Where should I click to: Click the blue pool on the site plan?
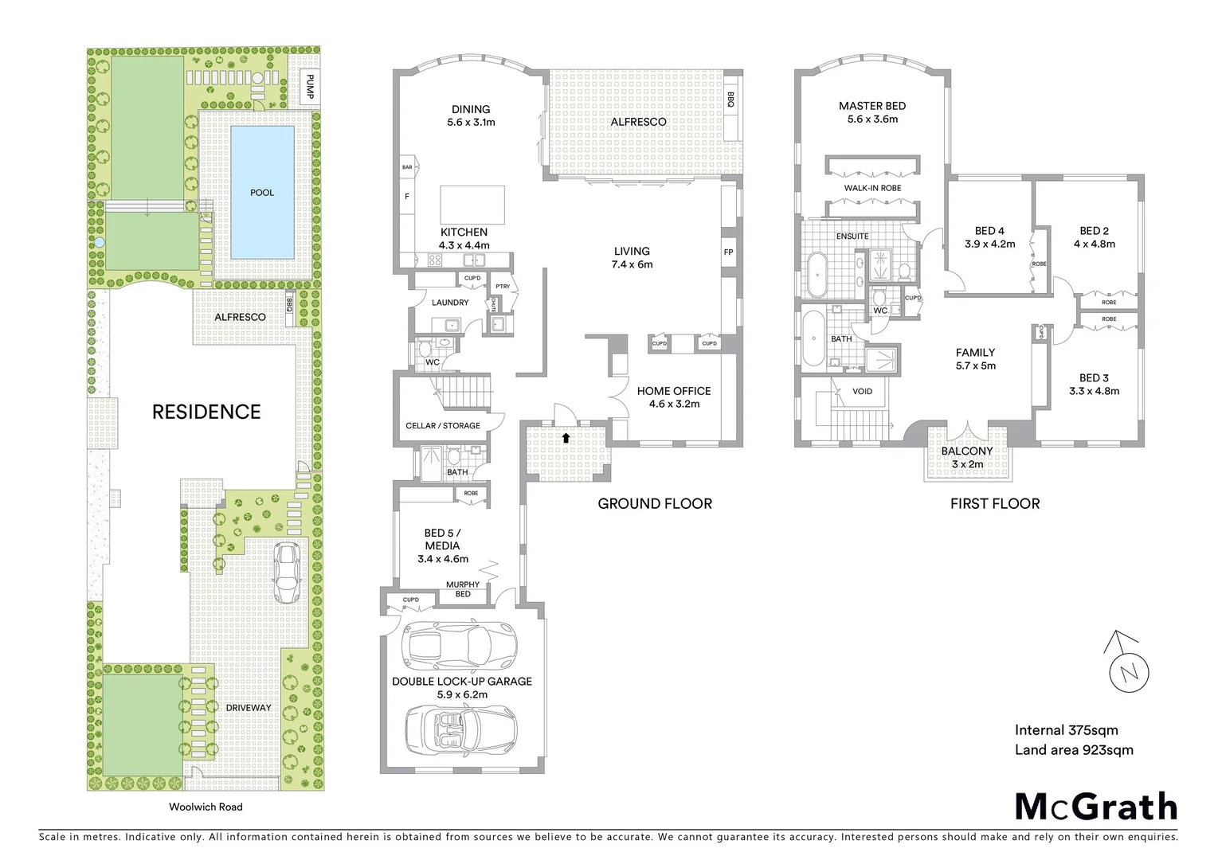[261, 193]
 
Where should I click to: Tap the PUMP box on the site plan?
[310, 87]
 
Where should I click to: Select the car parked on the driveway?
[286, 573]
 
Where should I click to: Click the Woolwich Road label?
[206, 807]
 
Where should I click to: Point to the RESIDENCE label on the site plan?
[206, 412]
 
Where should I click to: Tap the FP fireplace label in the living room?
[728, 252]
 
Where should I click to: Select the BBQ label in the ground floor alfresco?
[730, 99]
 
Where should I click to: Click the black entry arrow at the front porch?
[566, 437]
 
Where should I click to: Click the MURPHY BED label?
[463, 589]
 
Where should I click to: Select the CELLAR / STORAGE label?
[443, 425]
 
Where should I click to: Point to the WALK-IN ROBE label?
[873, 189]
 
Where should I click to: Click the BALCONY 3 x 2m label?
[967, 457]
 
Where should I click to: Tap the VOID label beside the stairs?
[862, 391]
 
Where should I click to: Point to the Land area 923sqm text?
[1073, 749]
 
